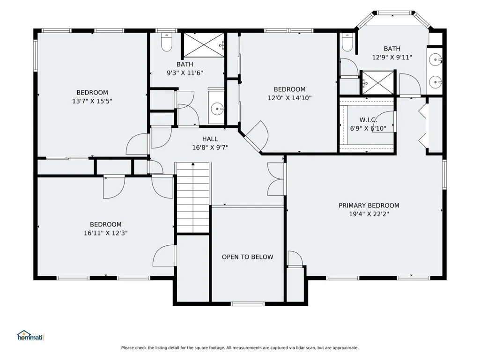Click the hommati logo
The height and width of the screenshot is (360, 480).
coord(30,336)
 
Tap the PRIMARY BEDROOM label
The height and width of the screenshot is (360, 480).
coord(369,206)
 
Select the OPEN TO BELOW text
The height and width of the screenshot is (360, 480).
coord(247,257)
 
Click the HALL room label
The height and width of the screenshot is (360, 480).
coord(210,139)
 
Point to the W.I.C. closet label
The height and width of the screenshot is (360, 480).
coord(368,120)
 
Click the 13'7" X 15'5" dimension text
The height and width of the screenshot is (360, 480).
coord(92,101)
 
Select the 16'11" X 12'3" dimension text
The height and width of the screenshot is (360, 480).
coord(106,233)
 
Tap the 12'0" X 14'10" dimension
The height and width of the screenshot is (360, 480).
coord(289,98)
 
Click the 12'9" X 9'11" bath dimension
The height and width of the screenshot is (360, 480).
coord(392,57)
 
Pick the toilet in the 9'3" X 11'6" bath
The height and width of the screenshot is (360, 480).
coord(167,42)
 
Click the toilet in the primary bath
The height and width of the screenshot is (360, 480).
coord(347,42)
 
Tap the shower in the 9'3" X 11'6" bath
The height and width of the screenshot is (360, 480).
coord(204,44)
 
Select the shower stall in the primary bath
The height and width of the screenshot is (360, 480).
coord(377,83)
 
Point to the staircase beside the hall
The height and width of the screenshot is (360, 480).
coord(193,198)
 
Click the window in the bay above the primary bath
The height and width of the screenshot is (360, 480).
coord(393,13)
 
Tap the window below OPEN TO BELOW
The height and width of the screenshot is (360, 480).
coord(247,304)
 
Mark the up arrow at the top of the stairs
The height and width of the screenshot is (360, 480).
coord(193,164)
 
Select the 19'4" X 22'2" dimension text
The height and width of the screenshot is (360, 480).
coord(369,214)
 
